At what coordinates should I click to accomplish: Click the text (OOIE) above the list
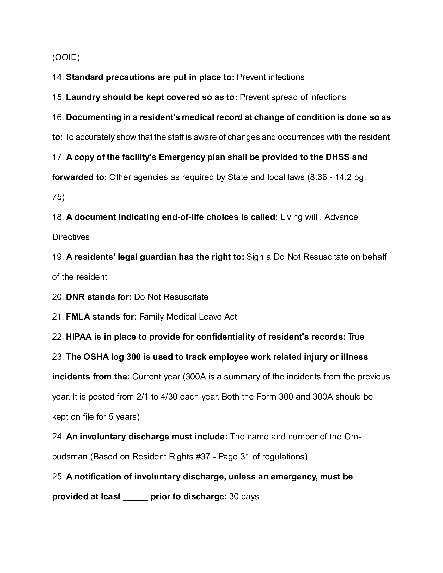66,57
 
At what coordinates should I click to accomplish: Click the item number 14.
58,77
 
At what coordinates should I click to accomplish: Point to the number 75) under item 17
58,197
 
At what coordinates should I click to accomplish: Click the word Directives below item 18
71,237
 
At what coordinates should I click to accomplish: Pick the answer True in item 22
356,337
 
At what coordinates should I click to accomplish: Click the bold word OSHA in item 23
96,357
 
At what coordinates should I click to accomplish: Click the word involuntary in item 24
103,437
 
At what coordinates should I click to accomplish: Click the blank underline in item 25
136,496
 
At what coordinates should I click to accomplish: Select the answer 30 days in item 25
244,497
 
